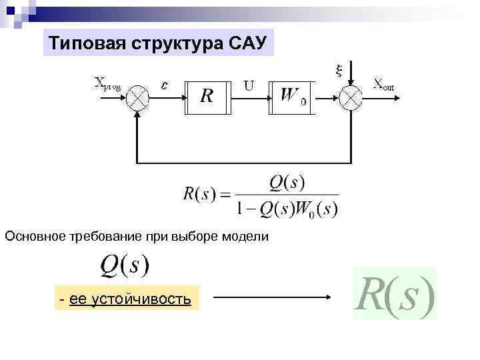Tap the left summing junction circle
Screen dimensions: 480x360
(138, 97)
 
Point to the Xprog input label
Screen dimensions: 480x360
(107, 84)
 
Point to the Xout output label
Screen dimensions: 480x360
(383, 84)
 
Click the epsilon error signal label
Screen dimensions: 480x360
(165, 84)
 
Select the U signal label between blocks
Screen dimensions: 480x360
(249, 85)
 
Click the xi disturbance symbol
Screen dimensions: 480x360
(337, 69)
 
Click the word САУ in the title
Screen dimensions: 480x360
(247, 43)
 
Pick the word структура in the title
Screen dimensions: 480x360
(171, 43)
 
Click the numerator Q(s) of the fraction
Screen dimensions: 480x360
(287, 181)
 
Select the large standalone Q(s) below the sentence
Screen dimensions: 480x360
(125, 266)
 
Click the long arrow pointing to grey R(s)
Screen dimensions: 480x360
(273, 299)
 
